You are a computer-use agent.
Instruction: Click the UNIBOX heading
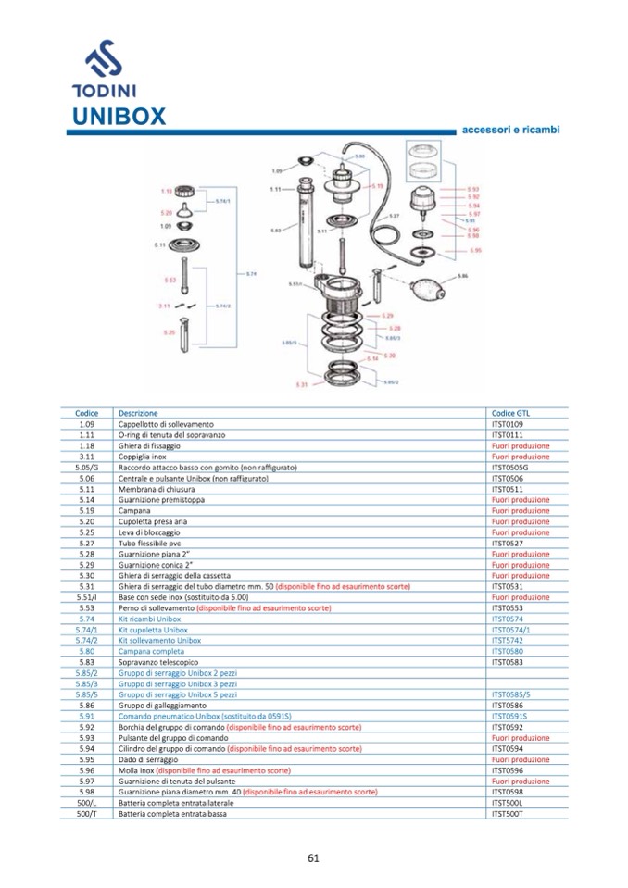[x=119, y=117]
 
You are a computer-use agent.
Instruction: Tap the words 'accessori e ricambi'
[x=510, y=130]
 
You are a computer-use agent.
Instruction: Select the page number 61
[x=313, y=857]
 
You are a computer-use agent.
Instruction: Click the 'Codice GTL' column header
[x=511, y=413]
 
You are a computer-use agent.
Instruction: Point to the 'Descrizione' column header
[x=138, y=413]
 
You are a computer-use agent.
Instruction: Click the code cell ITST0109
[x=508, y=424]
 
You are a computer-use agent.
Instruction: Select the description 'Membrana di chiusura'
[x=153, y=489]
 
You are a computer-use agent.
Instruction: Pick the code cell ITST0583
[x=508, y=662]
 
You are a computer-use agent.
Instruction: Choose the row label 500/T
[x=87, y=813]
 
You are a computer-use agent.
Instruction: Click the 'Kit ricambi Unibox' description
[x=149, y=619]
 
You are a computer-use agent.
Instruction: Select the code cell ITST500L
[x=508, y=802]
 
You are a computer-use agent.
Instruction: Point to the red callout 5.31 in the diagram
[x=301, y=384]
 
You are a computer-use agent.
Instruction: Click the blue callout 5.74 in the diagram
[x=251, y=273]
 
